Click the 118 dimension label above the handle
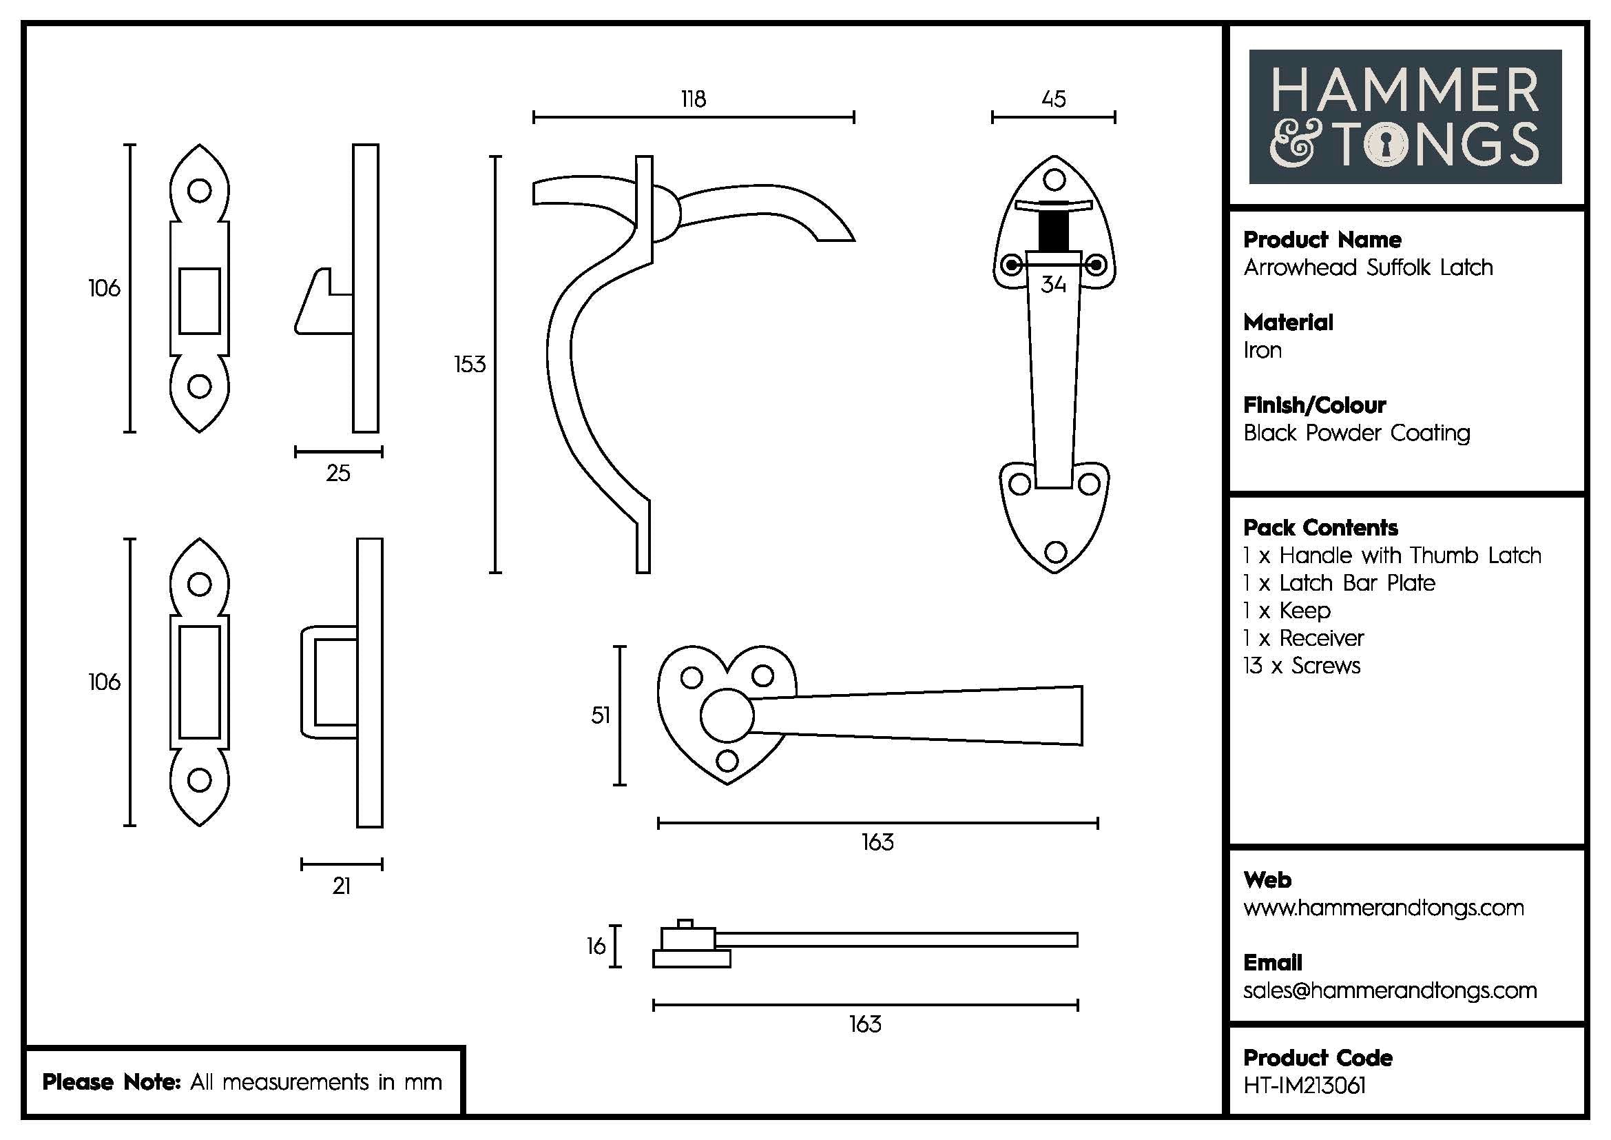[694, 99]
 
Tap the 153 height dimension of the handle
[470, 365]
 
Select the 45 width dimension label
[1053, 99]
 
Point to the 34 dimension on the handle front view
[1053, 284]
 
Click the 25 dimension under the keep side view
[338, 473]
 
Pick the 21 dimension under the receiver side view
[342, 886]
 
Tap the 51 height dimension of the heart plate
[601, 715]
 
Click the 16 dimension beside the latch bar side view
[596, 946]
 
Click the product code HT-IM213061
[1305, 1086]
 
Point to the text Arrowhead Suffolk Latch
[1368, 267]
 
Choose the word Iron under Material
[1262, 350]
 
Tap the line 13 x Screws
[1302, 666]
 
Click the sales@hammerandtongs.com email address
[1390, 990]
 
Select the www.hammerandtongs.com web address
[1384, 908]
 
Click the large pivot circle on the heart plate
[727, 715]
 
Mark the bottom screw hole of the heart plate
[727, 760]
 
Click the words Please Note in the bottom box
[112, 1081]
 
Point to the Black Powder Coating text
[1356, 433]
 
